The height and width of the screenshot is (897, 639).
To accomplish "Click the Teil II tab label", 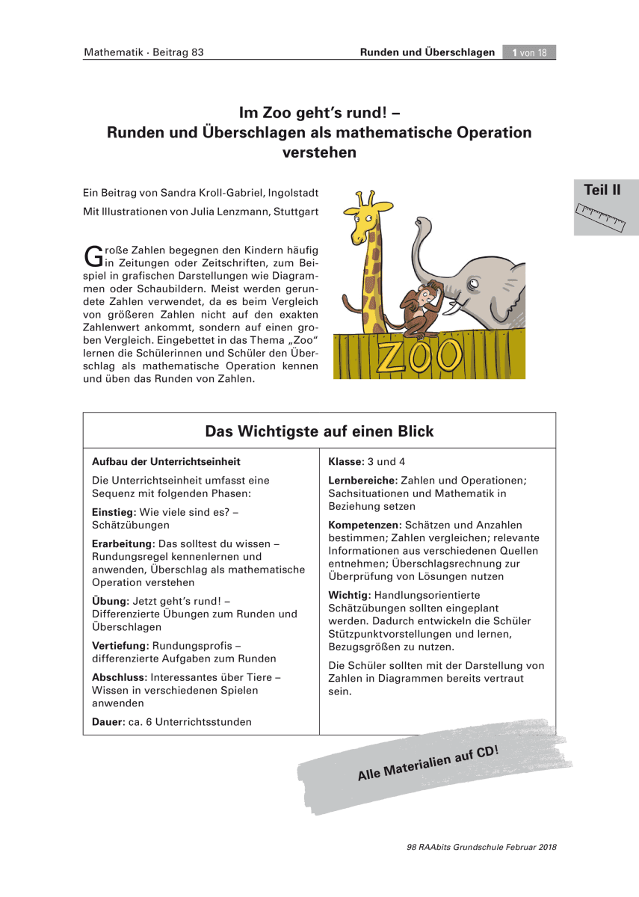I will pyautogui.click(x=602, y=190).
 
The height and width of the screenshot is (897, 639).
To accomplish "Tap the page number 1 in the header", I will pyautogui.click(x=516, y=52).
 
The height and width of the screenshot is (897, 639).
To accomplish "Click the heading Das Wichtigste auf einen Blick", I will pyautogui.click(x=319, y=431).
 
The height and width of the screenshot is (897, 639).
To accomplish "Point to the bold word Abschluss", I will pyautogui.click(x=120, y=677).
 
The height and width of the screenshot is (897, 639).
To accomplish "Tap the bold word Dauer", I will pyautogui.click(x=108, y=722).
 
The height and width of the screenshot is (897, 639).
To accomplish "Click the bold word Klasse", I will pyautogui.click(x=346, y=462).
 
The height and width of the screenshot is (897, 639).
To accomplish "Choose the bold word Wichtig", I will pyautogui.click(x=349, y=595).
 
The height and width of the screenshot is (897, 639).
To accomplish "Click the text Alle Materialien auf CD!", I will pyautogui.click(x=427, y=763).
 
